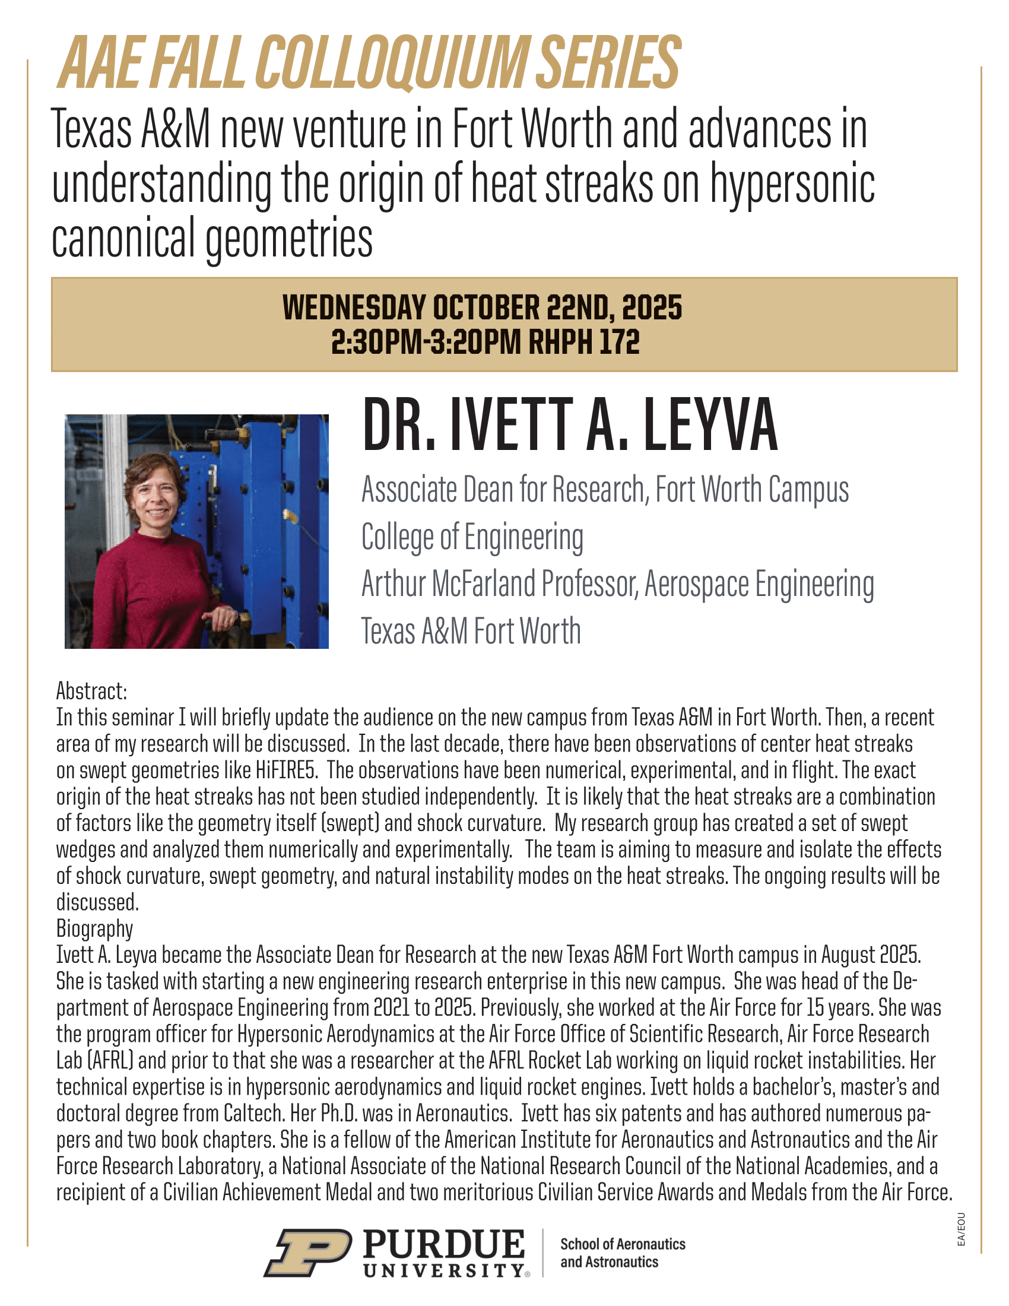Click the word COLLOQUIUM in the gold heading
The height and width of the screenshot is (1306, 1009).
[x=392, y=63]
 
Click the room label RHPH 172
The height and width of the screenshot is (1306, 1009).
[x=584, y=343]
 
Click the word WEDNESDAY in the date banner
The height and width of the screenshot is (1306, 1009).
[x=354, y=308]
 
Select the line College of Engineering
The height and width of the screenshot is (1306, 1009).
[x=472, y=537]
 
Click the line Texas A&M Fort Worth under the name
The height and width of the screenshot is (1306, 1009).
[x=471, y=631]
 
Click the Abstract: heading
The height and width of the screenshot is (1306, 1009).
[x=91, y=691]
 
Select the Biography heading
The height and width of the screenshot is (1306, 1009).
[x=94, y=928]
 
